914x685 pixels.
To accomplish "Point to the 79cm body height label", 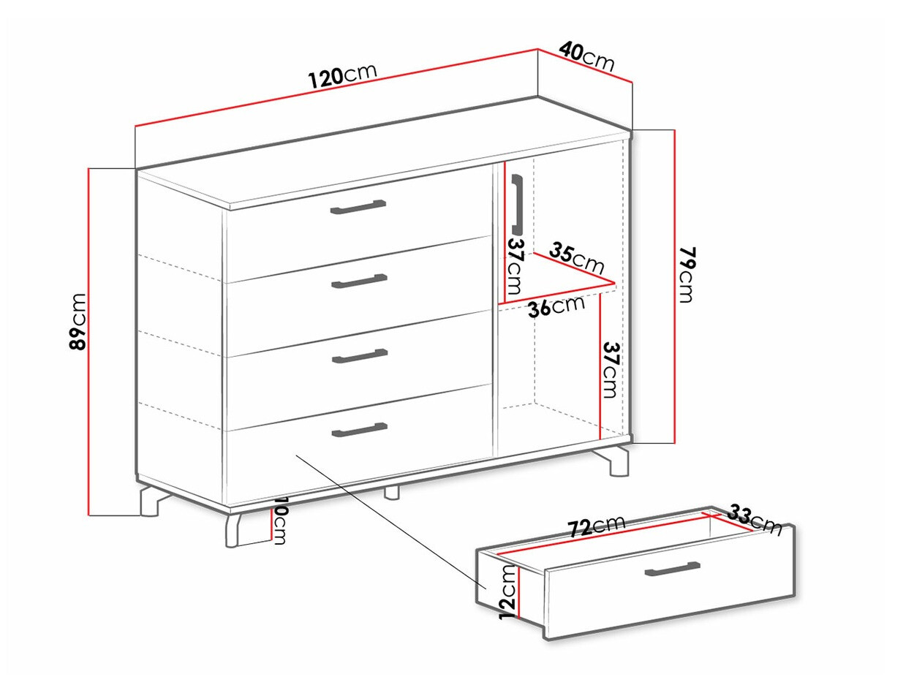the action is (x=686, y=275).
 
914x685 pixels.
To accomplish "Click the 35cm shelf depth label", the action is (x=576, y=258).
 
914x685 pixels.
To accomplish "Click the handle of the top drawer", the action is (x=358, y=207).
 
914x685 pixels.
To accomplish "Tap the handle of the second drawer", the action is (x=360, y=281).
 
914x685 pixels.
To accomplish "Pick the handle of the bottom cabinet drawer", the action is (x=360, y=430).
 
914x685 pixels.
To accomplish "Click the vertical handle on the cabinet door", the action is (x=517, y=204).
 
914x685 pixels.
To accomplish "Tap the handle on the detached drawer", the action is (x=672, y=569).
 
